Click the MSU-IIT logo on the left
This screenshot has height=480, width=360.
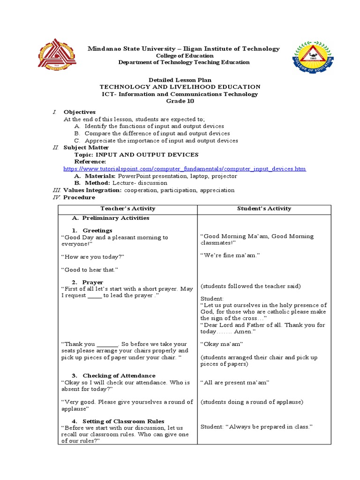coord(57,59)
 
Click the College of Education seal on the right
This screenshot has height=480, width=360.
coord(314,61)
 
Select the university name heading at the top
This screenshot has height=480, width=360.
coord(184,49)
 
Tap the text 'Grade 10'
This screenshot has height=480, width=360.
coord(180,101)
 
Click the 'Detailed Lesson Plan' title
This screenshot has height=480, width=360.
coord(180,80)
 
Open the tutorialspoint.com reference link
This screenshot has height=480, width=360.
coord(185,169)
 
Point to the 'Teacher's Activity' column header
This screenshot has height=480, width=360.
coord(127,209)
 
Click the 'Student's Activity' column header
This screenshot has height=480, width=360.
coord(264,209)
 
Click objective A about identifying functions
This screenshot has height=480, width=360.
coord(148,126)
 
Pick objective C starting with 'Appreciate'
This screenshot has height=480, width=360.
coord(155,141)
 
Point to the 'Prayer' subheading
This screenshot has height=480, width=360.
coord(93,282)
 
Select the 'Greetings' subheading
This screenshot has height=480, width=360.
coord(97,231)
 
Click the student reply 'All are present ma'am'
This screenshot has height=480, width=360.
coord(235,383)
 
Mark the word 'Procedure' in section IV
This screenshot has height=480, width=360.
coord(79,197)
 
